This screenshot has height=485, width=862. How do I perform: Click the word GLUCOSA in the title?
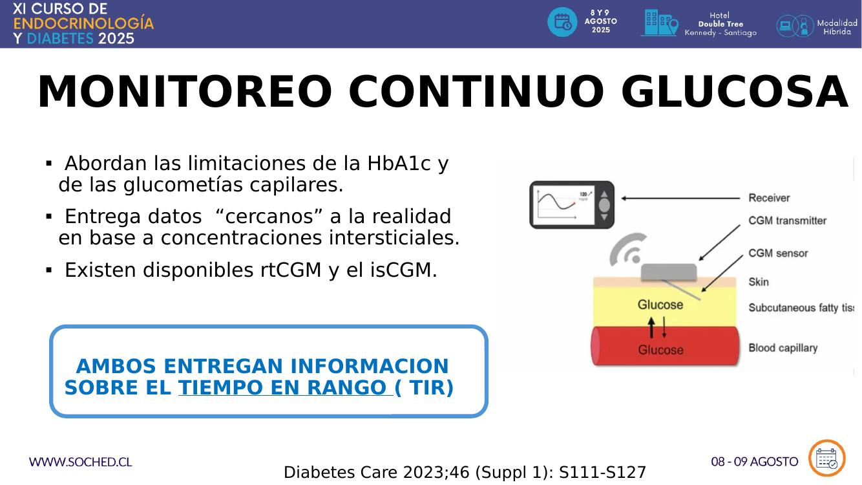(734, 92)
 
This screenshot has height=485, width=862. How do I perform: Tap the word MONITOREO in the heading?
(185, 92)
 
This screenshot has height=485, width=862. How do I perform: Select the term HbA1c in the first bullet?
(399, 163)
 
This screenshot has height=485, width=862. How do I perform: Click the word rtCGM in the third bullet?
(291, 270)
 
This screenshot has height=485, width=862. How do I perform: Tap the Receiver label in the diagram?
(769, 198)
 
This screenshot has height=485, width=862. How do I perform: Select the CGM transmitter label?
(787, 221)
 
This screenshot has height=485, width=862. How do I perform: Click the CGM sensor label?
(778, 253)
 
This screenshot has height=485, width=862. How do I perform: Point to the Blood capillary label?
(783, 348)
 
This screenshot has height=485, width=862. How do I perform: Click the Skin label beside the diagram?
(759, 282)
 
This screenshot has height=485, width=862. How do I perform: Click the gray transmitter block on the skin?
(668, 272)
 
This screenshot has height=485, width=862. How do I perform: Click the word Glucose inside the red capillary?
(660, 350)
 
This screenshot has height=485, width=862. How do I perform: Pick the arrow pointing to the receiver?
(680, 199)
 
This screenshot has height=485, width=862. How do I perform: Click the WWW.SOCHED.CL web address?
(80, 462)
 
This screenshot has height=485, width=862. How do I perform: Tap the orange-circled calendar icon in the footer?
(826, 458)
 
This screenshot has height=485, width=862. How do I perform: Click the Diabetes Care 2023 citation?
(465, 472)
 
